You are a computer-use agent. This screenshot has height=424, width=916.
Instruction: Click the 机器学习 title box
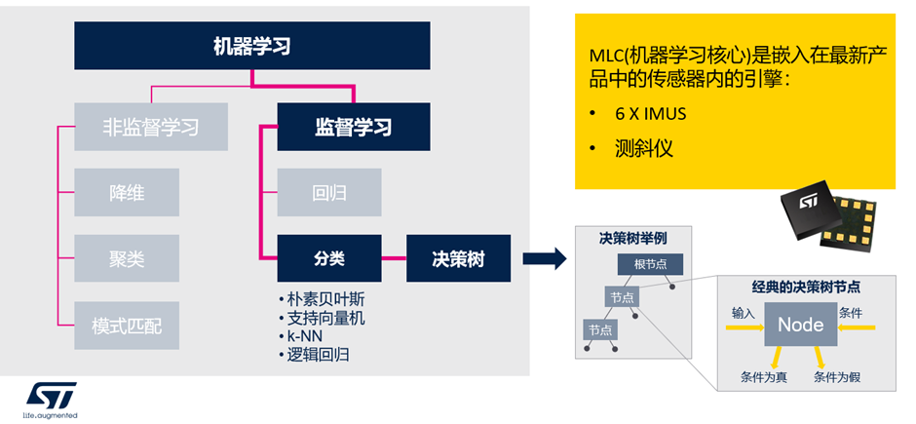251,46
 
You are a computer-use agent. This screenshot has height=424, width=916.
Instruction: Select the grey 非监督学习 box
151,127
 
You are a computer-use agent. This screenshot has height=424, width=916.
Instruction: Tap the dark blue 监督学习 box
353,127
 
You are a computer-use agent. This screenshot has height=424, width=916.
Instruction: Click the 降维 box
127,192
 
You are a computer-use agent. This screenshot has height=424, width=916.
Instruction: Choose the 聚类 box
127,258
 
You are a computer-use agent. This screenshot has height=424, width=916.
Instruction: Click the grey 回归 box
329,192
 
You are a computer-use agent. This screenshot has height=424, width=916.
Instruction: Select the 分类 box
329,258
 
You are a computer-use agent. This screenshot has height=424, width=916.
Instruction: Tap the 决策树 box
458,258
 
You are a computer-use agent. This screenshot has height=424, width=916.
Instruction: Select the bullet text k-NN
308,336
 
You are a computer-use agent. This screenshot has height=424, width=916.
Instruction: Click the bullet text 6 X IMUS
650,114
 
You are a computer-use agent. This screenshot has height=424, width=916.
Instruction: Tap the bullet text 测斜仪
644,149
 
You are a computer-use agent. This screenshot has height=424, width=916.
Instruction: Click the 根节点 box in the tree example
649,264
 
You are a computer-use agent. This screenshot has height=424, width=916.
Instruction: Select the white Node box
800,325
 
